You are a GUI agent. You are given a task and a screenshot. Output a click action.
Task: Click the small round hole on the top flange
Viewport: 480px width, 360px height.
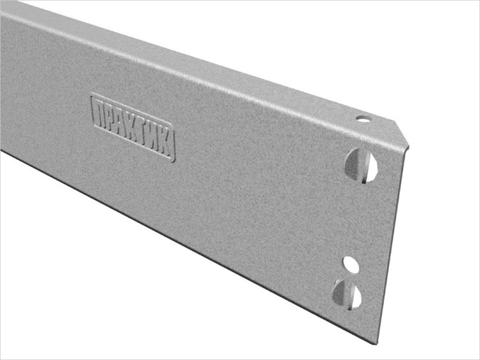(362, 118)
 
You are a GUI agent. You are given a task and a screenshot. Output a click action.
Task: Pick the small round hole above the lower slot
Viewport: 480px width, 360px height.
(349, 262)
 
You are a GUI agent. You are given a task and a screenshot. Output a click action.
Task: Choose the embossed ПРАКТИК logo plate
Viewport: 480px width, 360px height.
(133, 128)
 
